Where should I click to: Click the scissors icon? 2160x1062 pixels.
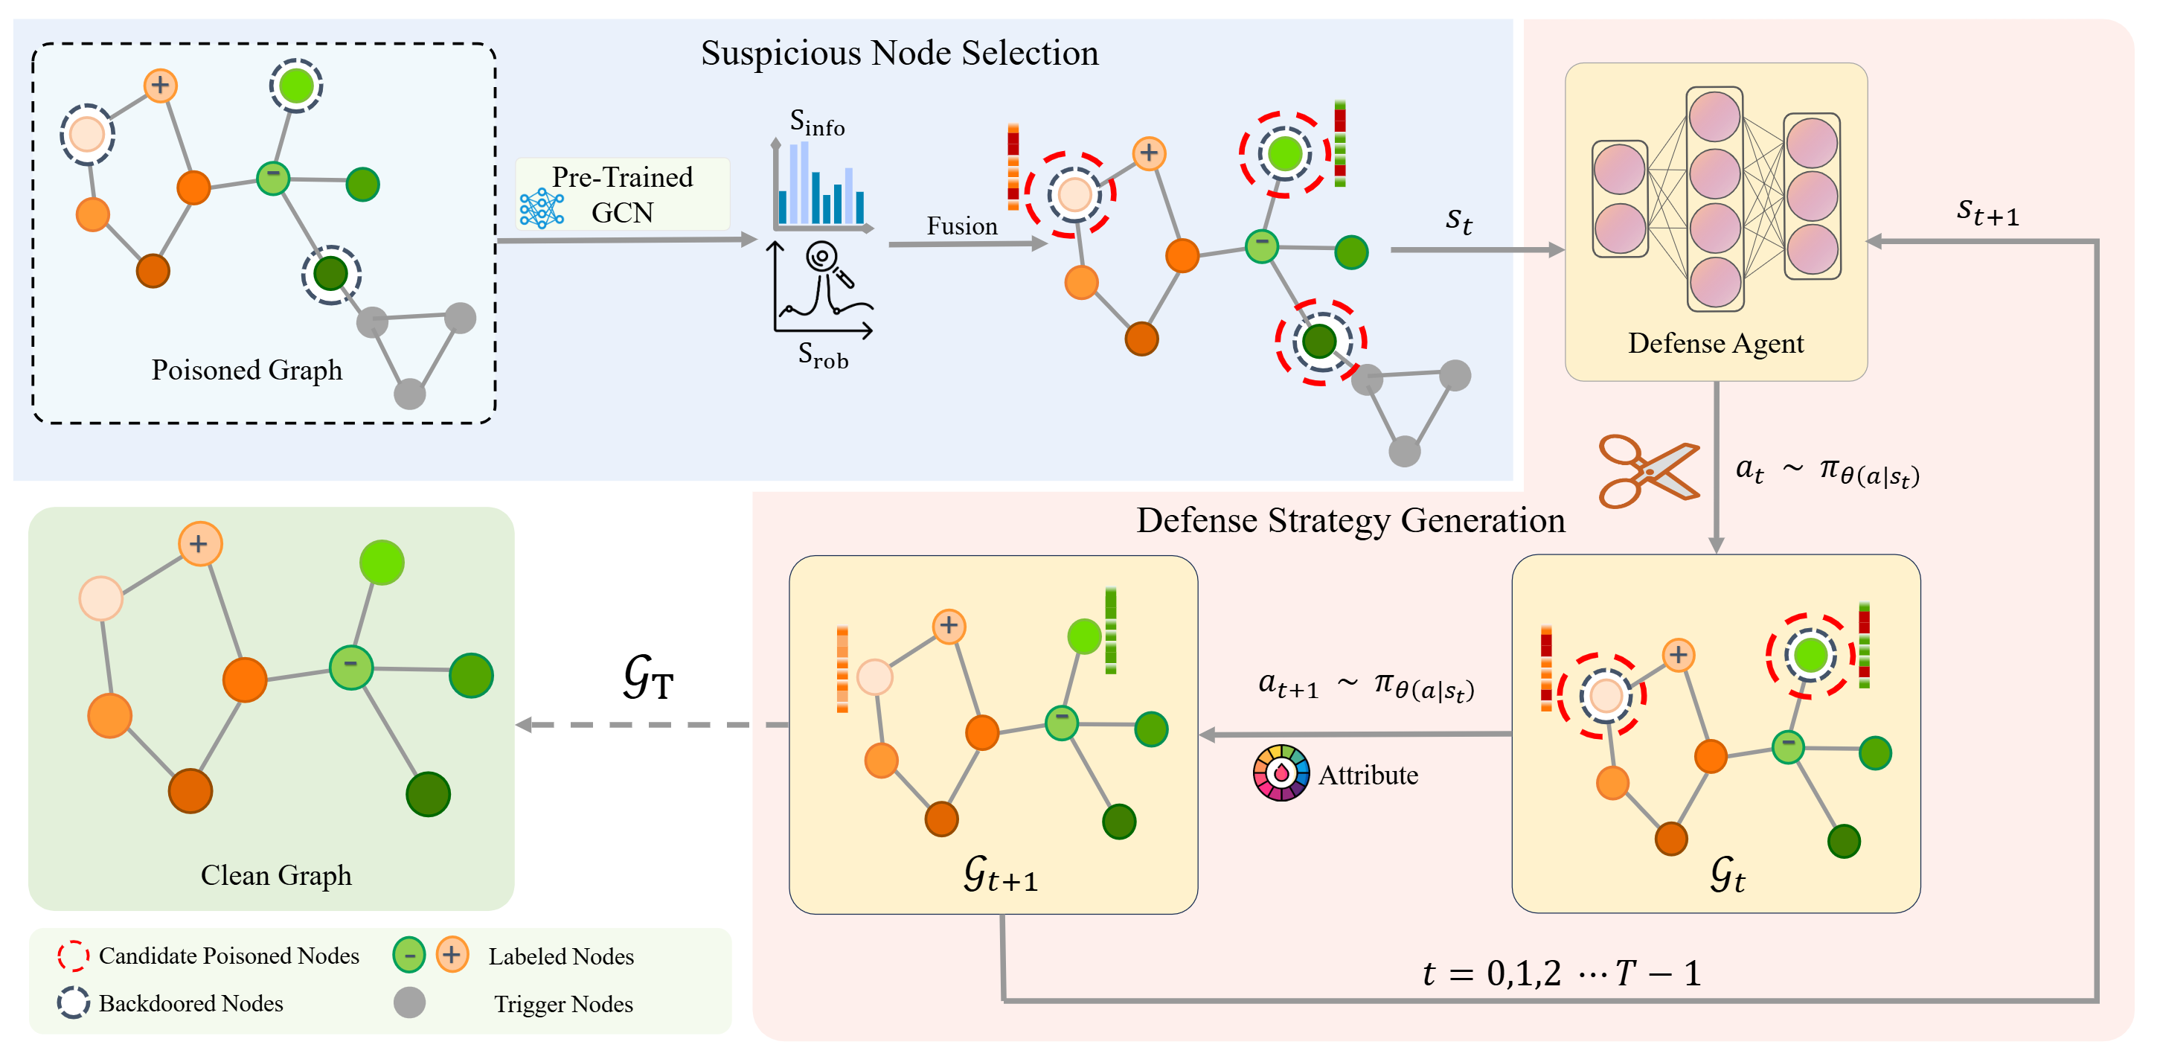(x=1647, y=471)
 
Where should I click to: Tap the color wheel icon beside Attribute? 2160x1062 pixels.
(x=1281, y=772)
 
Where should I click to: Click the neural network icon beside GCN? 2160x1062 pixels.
(x=541, y=208)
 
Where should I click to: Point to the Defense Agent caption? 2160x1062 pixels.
(x=1715, y=343)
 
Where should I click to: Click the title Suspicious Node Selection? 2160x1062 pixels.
(x=899, y=53)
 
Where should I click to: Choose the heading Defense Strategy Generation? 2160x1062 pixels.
(x=1350, y=520)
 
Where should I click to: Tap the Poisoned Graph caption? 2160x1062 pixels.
(x=246, y=370)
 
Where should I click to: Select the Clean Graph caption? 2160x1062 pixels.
(x=276, y=875)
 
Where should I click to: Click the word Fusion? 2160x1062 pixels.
(x=962, y=225)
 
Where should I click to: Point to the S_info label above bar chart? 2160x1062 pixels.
(x=817, y=123)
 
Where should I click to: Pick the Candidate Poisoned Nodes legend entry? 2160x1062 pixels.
(x=228, y=956)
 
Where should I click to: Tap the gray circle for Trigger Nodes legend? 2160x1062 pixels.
(x=409, y=1002)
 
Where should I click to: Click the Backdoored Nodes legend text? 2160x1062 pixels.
(x=190, y=1003)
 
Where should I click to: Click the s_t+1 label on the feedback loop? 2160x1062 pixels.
(x=1987, y=211)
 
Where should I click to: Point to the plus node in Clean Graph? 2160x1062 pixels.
(x=199, y=543)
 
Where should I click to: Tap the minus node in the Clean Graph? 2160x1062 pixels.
(x=350, y=667)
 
